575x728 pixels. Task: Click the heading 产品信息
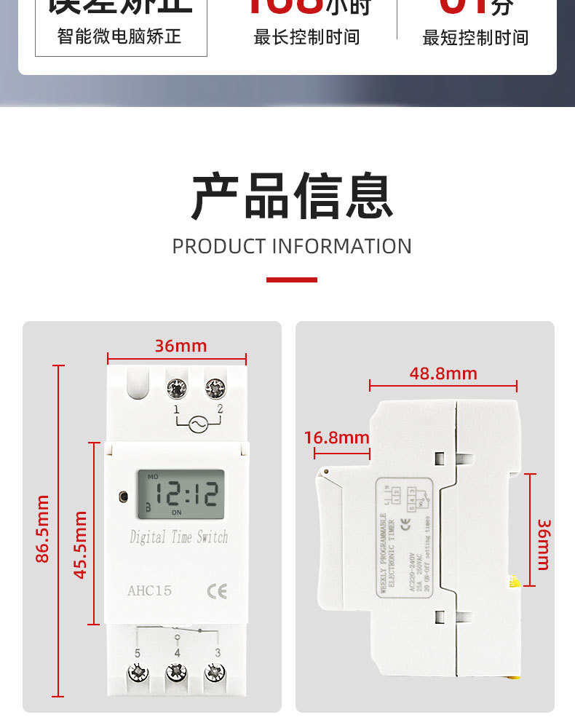292,196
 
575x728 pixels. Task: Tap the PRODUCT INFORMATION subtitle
292,246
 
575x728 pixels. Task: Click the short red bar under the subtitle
292,280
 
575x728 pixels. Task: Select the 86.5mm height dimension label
43,529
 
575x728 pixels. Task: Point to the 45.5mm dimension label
80,545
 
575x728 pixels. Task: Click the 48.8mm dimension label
443,373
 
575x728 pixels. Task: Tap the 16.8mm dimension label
336,438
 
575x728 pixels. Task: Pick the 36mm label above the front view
181,346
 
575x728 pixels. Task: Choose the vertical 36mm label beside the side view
544,544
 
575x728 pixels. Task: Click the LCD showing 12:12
180,494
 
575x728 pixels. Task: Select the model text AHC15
150,590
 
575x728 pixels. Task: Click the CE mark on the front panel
217,591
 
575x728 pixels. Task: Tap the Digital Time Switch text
178,538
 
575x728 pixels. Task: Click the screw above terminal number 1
175,389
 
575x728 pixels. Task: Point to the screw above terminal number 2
215,389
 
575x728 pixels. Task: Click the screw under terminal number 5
138,672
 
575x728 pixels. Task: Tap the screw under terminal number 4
176,672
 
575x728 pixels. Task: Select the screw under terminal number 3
215,672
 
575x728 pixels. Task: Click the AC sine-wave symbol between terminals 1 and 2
197,424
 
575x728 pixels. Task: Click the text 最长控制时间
306,38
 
